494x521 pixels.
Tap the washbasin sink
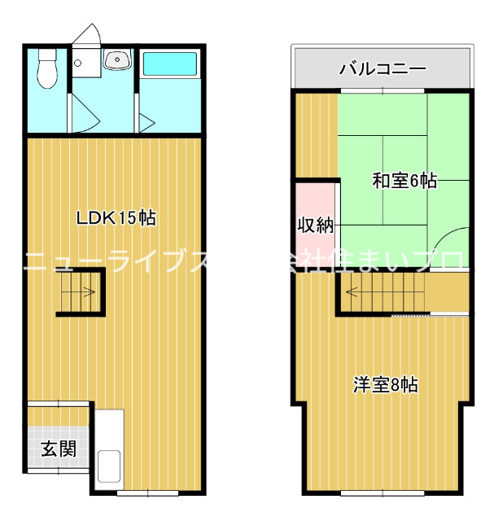click(116, 59)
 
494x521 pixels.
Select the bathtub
click(169, 65)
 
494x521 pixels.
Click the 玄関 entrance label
click(59, 449)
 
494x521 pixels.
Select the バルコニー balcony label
click(382, 68)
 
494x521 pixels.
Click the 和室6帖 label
click(404, 181)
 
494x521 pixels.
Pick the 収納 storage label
click(315, 225)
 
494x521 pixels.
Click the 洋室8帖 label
click(385, 384)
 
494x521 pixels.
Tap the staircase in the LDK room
click(80, 293)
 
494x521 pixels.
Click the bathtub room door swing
click(146, 122)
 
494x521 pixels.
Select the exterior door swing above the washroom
click(85, 37)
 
